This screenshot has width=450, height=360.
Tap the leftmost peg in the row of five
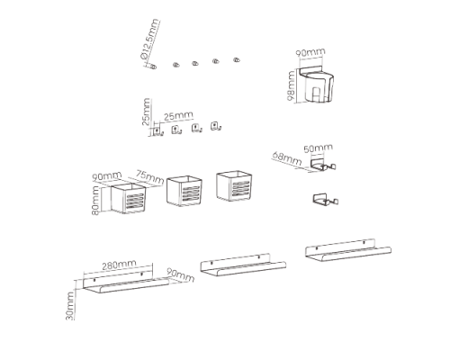coord(153,67)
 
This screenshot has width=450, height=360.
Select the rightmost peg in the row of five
coord(237,59)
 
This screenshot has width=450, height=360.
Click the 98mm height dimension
coord(292,86)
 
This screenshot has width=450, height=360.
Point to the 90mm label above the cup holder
coord(310,52)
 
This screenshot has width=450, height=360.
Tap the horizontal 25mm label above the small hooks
coord(178,116)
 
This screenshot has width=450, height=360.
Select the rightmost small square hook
coord(215,126)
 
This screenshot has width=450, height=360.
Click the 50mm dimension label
coord(318,148)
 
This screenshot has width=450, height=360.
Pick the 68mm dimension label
coord(287,158)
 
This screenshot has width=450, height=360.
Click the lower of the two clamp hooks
coord(326,200)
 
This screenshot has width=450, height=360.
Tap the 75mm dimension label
coord(149,177)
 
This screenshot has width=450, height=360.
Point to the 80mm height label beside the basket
coord(95,200)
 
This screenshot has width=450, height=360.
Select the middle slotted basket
coord(184,191)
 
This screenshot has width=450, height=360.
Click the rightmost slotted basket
coord(234,186)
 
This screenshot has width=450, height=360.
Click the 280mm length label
coord(119,265)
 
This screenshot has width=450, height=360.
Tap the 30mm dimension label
coord(70,306)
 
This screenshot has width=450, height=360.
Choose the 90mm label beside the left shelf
coord(180,274)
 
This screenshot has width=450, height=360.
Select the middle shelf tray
coord(243,265)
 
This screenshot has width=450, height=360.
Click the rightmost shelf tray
coord(348,250)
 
